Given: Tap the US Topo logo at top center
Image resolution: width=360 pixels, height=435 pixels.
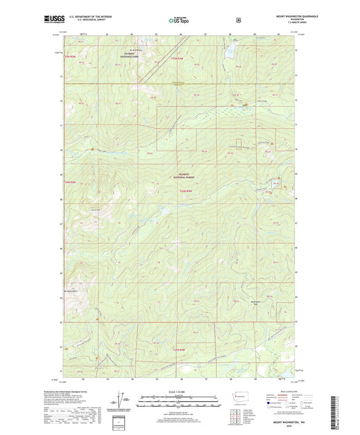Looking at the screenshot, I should pos(179,20).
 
